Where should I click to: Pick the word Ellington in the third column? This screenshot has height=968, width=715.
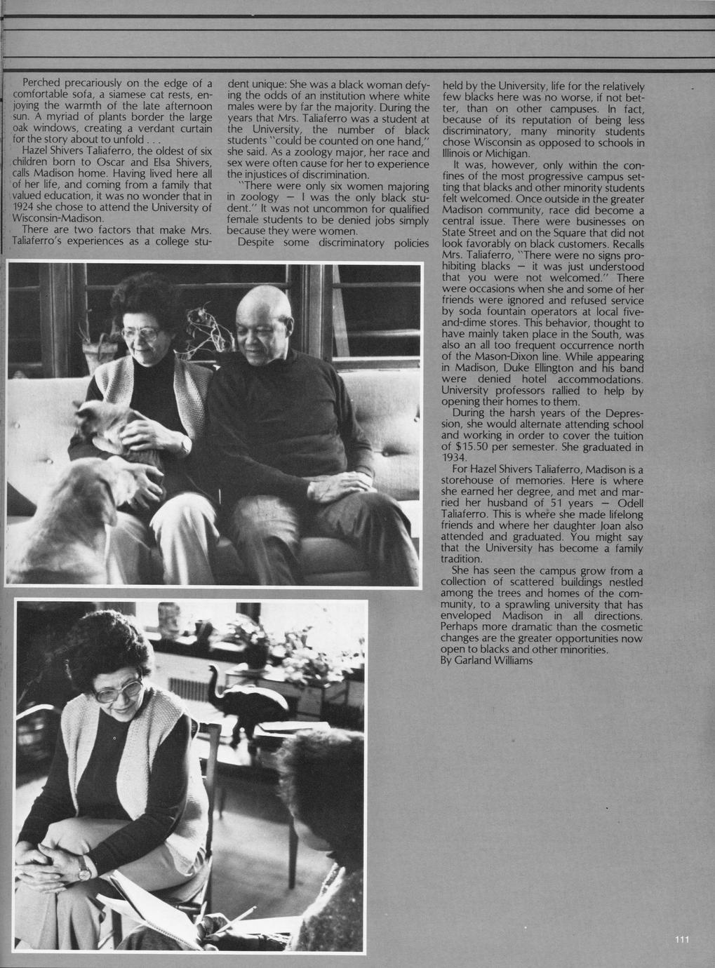coord(553,368)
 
